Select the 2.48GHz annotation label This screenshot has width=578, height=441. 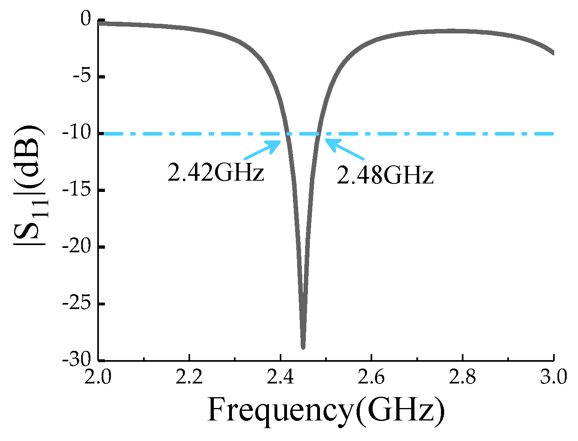(x=385, y=176)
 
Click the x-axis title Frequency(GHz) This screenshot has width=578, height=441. (x=326, y=410)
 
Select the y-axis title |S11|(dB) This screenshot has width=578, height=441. (x=29, y=189)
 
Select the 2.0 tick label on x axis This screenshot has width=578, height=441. (x=98, y=378)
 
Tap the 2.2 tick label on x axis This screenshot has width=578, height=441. (x=189, y=378)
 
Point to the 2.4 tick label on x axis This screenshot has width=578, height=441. (x=280, y=378)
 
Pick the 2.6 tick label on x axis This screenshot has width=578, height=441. (x=371, y=378)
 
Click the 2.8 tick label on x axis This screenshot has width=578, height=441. (x=462, y=378)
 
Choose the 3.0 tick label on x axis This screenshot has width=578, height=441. (x=553, y=378)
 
